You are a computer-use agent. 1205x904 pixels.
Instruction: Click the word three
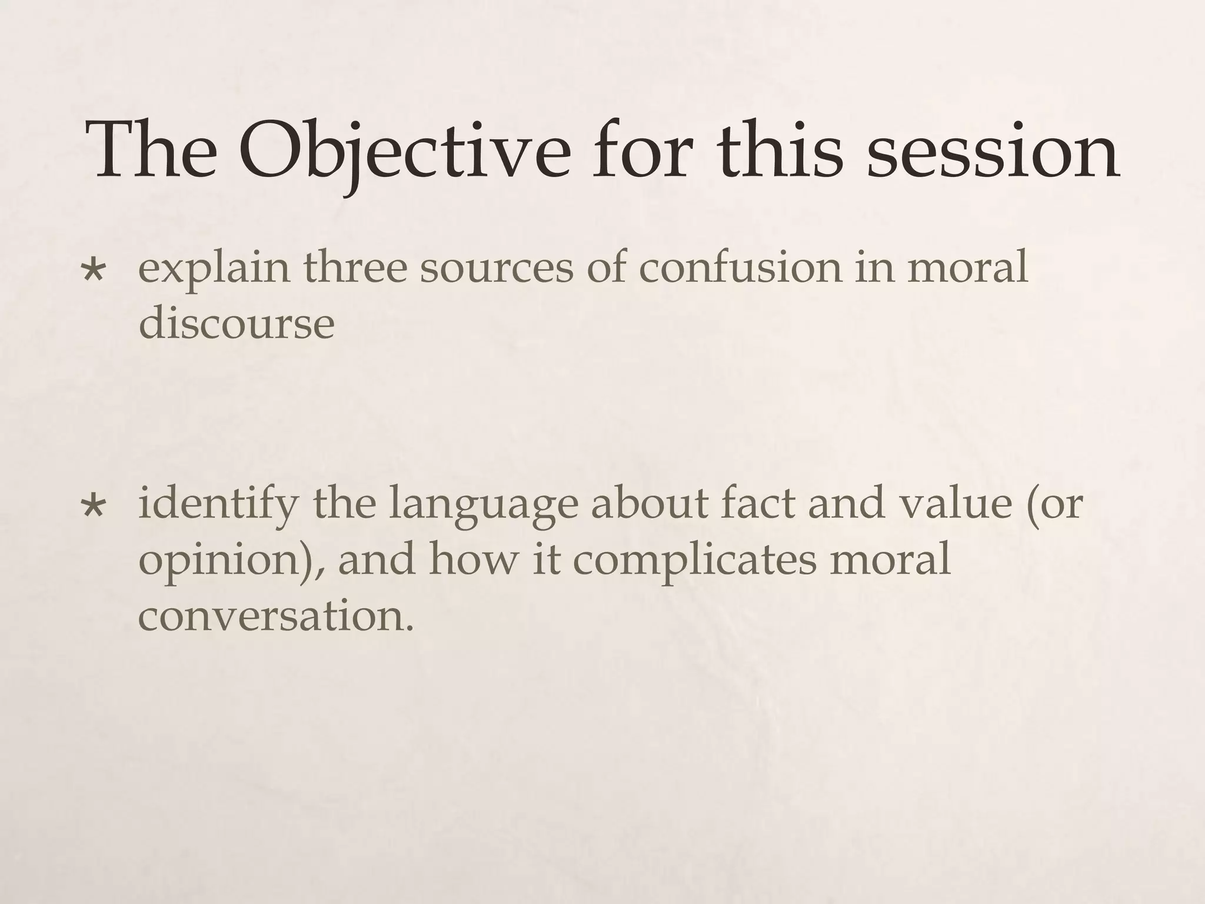pyautogui.click(x=355, y=266)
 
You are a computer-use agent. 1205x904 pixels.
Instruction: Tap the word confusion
pyautogui.click(x=740, y=266)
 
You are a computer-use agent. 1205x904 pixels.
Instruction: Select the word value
pyautogui.click(x=953, y=503)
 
